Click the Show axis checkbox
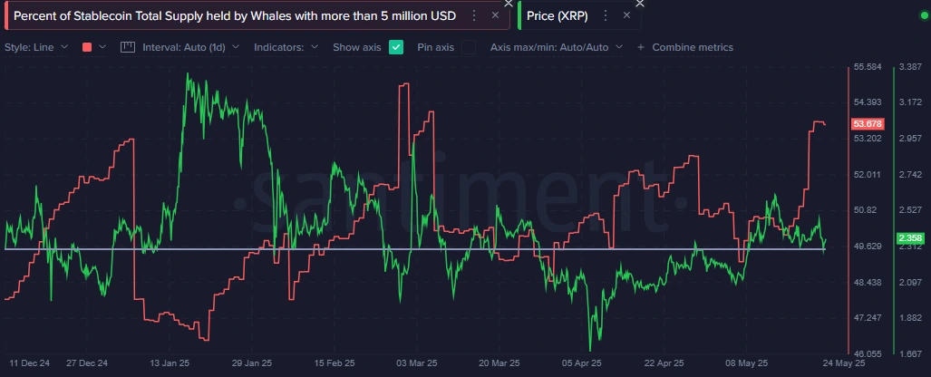(x=396, y=47)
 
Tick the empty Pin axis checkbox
(x=469, y=47)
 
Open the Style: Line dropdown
(x=36, y=47)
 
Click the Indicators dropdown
(x=286, y=47)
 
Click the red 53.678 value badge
(x=868, y=123)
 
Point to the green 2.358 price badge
(x=908, y=238)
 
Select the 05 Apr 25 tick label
(x=582, y=362)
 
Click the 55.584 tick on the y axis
(x=868, y=67)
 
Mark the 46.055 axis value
(x=868, y=353)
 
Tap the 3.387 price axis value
(x=909, y=67)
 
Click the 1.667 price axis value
(x=909, y=353)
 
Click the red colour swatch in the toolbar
(x=87, y=47)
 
